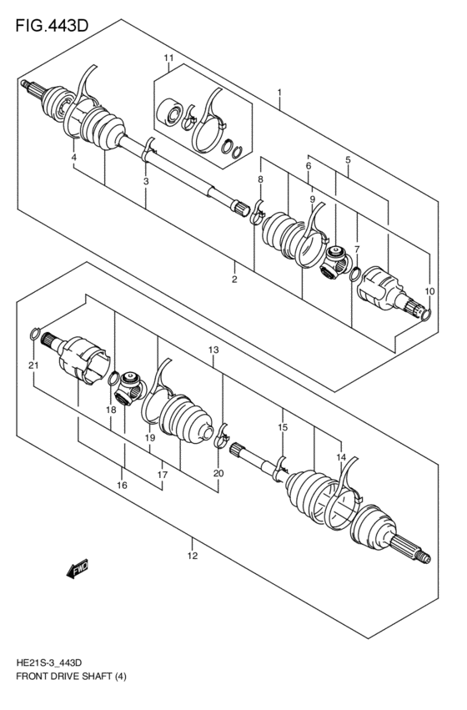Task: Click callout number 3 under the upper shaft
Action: pos(146,181)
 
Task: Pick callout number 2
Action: pos(234,279)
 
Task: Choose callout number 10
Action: pos(429,290)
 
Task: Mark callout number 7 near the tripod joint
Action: pos(356,249)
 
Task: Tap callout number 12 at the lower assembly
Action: pos(192,556)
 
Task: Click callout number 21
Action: pos(33,365)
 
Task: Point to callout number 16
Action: pos(122,485)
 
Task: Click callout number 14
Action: pos(340,456)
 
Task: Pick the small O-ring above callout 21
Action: pos(35,334)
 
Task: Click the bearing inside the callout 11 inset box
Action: pos(173,112)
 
